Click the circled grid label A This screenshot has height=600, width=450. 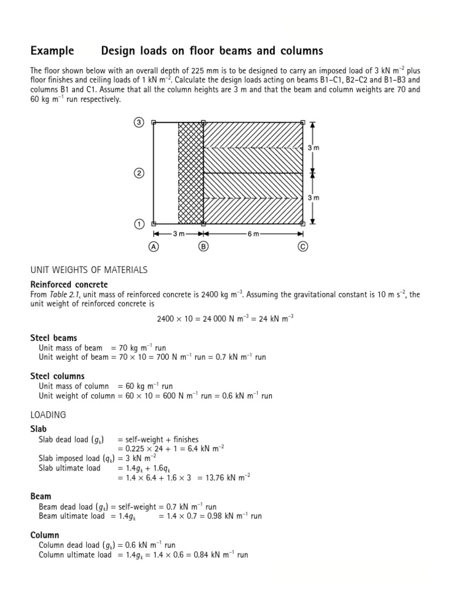tap(154, 247)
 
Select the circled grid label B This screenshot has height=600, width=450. tap(203, 247)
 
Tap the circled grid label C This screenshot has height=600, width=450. tap(303, 247)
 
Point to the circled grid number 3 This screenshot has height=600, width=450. tap(139, 122)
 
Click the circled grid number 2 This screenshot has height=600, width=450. tap(139, 173)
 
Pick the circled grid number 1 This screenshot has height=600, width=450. tap(139, 224)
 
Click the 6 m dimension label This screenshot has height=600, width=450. tap(253, 234)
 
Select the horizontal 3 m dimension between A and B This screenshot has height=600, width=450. tap(179, 234)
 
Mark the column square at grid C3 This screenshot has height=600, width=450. tap(302, 122)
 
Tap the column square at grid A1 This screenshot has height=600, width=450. tap(154, 224)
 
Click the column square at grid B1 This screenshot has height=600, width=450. tap(203, 224)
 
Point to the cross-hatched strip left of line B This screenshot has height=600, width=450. tap(190, 173)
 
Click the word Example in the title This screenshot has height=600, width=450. tap(52, 51)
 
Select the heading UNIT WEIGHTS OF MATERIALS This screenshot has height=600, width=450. tap(88, 270)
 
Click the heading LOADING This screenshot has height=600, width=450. tap(48, 414)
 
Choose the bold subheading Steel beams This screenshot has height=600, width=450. tap(53, 338)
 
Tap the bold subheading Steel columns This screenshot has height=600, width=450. tap(57, 376)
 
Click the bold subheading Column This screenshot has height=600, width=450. tap(45, 535)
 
